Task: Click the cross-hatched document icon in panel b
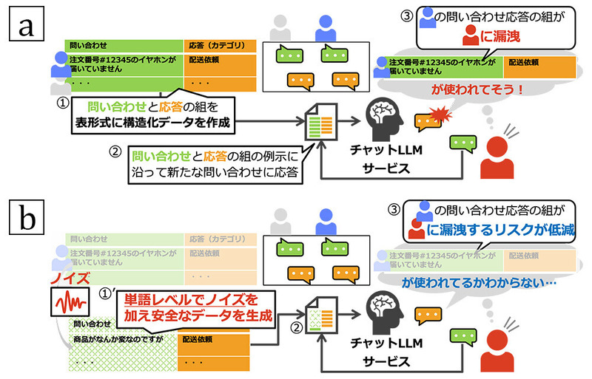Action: [320, 318]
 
